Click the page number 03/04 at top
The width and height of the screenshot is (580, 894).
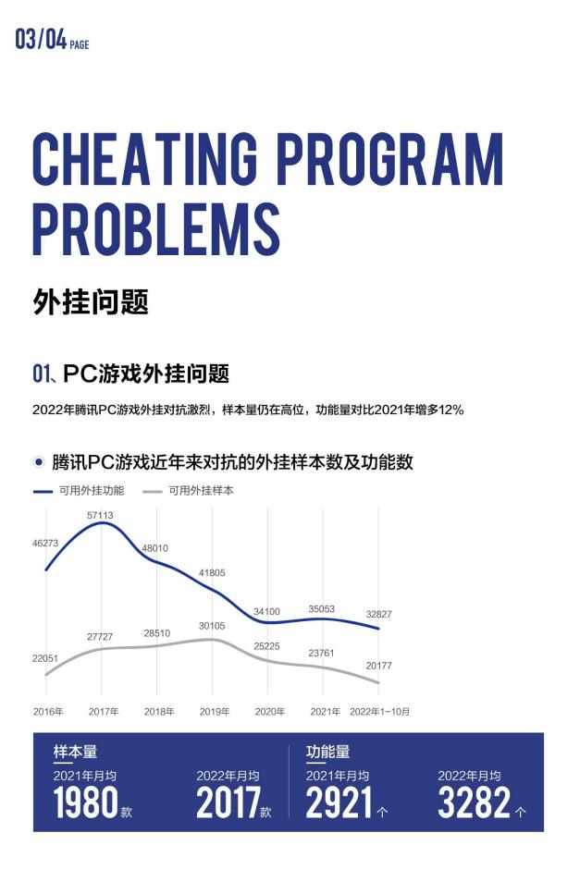coord(41,40)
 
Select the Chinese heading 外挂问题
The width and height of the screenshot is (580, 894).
coord(91,301)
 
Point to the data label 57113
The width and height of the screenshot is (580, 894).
coord(101,515)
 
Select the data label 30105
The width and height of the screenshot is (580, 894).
coord(212,626)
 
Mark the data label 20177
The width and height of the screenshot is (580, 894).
coord(376,665)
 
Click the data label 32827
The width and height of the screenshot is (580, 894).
coord(376,614)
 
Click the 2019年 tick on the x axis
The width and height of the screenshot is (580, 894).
coord(214,712)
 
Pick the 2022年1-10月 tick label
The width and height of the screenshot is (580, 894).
coord(378,712)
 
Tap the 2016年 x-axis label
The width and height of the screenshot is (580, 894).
coord(48,712)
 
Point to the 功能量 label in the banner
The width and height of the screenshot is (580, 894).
coord(327,753)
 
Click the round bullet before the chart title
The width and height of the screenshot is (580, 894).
coord(39,461)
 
